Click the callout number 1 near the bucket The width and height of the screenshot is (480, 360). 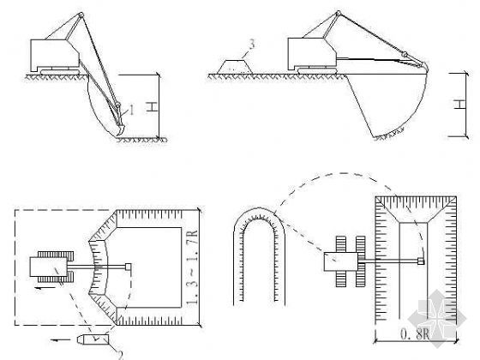point(132,110)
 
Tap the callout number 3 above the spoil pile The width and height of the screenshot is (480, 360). point(252,44)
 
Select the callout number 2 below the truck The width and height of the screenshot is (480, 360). point(120,355)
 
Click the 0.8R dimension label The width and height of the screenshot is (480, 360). point(416,334)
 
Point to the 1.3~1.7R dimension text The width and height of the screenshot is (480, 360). point(192,267)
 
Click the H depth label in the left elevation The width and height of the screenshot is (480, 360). point(152,106)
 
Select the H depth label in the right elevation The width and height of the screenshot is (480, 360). point(459,104)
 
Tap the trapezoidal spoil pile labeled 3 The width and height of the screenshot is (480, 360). point(235,67)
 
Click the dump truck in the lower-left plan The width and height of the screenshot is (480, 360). point(93,339)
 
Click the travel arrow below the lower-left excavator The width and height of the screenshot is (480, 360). point(45,288)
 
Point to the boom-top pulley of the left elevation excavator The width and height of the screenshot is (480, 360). point(81,15)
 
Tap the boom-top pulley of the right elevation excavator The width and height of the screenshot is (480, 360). point(338,14)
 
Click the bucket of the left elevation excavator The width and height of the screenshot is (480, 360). point(119,129)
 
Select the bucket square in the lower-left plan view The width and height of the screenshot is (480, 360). point(128,267)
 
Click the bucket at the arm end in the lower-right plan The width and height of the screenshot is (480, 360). point(421,261)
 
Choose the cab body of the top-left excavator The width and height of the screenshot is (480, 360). point(55,55)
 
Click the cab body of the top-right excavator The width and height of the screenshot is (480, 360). point(312,53)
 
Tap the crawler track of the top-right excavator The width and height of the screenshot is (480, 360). point(317,70)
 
